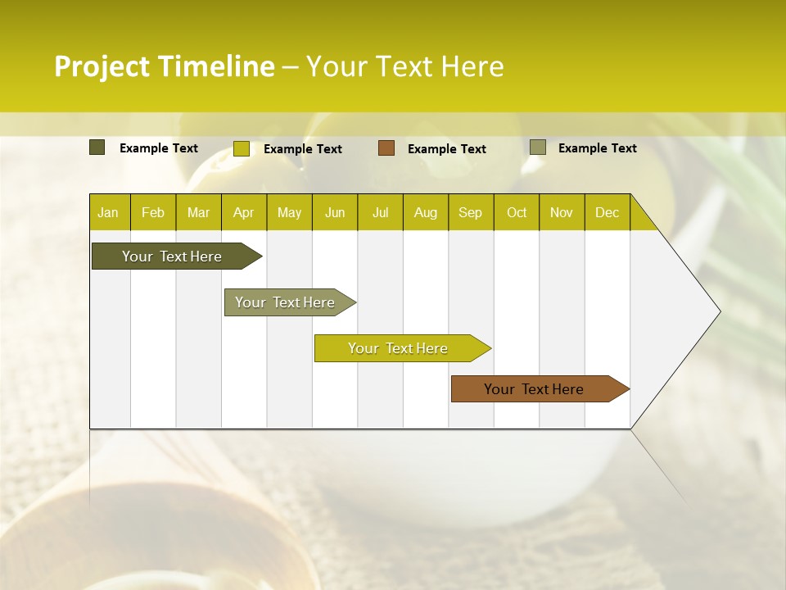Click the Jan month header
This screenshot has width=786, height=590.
click(108, 213)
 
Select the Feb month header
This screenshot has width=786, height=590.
click(153, 213)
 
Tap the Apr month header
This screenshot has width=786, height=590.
click(244, 213)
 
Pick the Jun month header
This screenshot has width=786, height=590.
click(335, 213)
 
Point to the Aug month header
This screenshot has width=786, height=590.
click(426, 213)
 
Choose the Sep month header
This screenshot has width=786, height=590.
click(471, 213)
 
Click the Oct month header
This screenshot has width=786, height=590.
click(517, 213)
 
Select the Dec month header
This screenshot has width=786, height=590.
click(608, 213)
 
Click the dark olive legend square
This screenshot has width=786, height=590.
click(97, 147)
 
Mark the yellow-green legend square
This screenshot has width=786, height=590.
click(242, 148)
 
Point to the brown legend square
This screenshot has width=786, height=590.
click(386, 148)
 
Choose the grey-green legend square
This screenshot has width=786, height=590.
click(538, 147)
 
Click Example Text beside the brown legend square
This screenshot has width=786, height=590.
click(447, 149)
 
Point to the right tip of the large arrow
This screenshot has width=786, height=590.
click(719, 311)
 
